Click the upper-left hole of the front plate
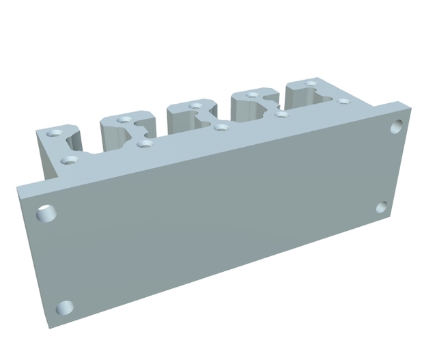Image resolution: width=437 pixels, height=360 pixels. pyautogui.click(x=46, y=213)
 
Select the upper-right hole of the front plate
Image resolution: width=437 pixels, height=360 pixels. pyautogui.click(x=397, y=126)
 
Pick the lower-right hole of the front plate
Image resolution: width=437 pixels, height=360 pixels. pyautogui.click(x=382, y=208)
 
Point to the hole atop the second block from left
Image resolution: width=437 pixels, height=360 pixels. pyautogui.click(x=124, y=120)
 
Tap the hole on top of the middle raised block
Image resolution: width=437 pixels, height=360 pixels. pyautogui.click(x=196, y=106)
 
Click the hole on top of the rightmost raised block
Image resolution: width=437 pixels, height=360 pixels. pyautogui.click(x=311, y=84)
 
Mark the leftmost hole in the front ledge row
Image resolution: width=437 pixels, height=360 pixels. pyautogui.click(x=69, y=160)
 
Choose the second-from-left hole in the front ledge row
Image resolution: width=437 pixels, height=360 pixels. pyautogui.click(x=143, y=143)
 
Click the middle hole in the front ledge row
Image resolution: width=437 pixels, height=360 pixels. pyautogui.click(x=220, y=126)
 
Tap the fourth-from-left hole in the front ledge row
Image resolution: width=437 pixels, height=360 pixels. pyautogui.click(x=281, y=113)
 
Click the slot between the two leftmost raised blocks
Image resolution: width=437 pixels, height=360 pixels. pyautogui.click(x=91, y=140)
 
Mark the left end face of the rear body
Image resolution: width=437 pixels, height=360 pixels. pyautogui.click(x=46, y=157)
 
